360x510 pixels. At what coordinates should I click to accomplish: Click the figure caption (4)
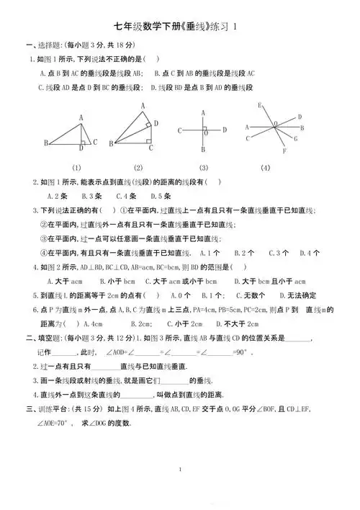pyautogui.click(x=265, y=168)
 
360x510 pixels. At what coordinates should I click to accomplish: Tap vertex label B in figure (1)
pyautogui.click(x=46, y=143)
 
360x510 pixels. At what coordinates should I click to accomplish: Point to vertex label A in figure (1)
pyautogui.click(x=81, y=117)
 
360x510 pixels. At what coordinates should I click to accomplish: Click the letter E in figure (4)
pyautogui.click(x=259, y=106)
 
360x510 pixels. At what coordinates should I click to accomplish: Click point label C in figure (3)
pyautogui.click(x=179, y=130)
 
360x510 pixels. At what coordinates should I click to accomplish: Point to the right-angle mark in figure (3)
pyautogui.click(x=206, y=133)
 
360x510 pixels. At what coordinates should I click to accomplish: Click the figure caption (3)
pyautogui.click(x=204, y=168)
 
